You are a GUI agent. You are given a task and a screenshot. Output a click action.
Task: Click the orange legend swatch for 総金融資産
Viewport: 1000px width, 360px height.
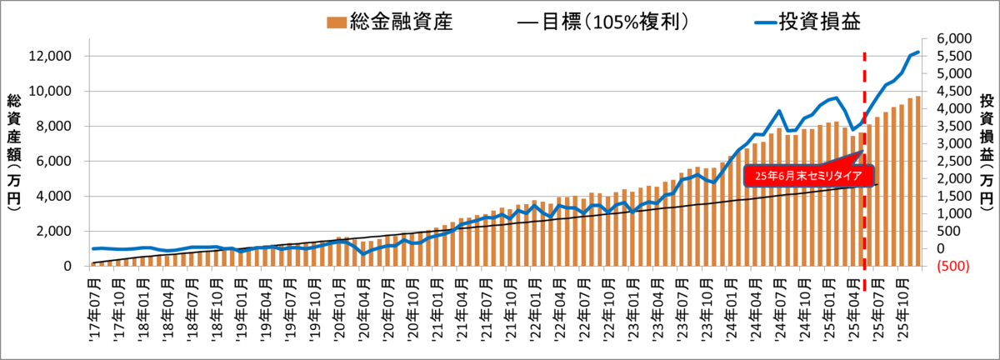pyautogui.click(x=336, y=22)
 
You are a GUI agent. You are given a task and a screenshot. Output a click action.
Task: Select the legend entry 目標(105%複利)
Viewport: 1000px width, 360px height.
pyautogui.click(x=603, y=22)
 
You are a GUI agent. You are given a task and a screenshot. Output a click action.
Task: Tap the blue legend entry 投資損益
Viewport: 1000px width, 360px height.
pyautogui.click(x=807, y=22)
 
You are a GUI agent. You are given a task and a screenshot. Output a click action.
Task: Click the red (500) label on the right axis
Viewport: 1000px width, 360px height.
pyautogui.click(x=953, y=266)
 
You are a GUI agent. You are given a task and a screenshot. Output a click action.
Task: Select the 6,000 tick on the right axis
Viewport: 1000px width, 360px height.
pyautogui.click(x=953, y=39)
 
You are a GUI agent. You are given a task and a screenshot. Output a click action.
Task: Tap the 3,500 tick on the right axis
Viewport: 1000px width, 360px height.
pyautogui.click(x=953, y=127)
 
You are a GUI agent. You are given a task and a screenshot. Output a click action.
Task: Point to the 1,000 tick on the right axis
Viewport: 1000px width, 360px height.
pyautogui.click(x=953, y=214)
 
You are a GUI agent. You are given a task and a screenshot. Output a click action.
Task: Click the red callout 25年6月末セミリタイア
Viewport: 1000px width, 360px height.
pyautogui.click(x=808, y=176)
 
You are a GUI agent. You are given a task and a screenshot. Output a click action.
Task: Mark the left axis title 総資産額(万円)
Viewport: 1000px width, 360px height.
pyautogui.click(x=14, y=152)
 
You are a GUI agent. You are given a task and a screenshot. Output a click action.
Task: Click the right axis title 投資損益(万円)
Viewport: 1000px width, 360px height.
pyautogui.click(x=987, y=152)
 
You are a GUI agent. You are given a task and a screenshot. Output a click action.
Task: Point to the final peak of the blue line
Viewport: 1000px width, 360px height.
pyautogui.click(x=918, y=52)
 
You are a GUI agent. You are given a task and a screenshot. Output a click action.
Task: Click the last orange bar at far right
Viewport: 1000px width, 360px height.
pyautogui.click(x=918, y=182)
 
